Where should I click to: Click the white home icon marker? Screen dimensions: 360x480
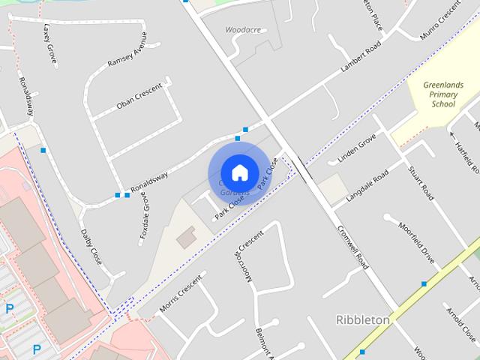click(239, 172)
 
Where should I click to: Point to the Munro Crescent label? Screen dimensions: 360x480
click(440, 22)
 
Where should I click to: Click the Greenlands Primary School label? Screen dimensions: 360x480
click(443, 95)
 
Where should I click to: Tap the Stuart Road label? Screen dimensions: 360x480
click(420, 180)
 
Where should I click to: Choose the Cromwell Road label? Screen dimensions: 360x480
click(352, 249)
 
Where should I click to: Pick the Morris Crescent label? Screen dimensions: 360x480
click(181, 294)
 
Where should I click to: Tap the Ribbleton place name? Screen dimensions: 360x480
click(362, 320)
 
